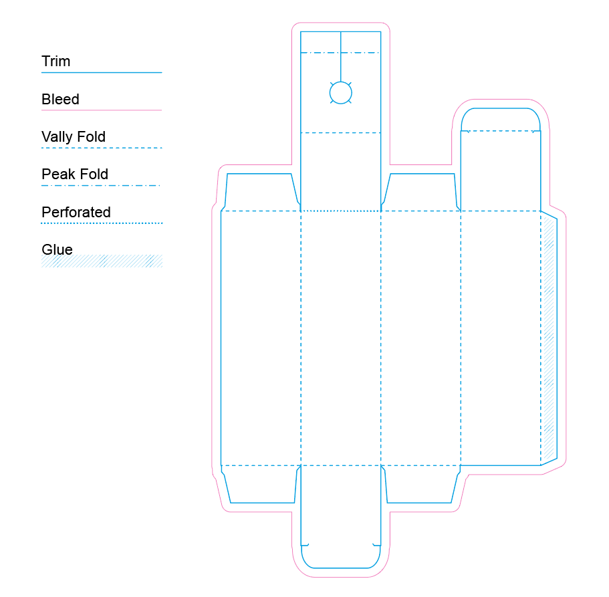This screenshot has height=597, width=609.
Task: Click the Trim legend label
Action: pyautogui.click(x=55, y=62)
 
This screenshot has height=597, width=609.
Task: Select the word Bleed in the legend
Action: pyautogui.click(x=60, y=100)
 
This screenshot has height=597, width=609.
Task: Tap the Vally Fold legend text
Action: pyautogui.click(x=74, y=137)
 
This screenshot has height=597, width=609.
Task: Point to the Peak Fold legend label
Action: pyautogui.click(x=75, y=174)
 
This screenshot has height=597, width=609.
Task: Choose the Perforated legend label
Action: pyautogui.click(x=76, y=213)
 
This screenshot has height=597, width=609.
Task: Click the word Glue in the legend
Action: pyautogui.click(x=57, y=250)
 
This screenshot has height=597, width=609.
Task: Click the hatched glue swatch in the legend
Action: pyautogui.click(x=102, y=261)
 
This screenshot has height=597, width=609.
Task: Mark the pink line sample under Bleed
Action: pyautogui.click(x=102, y=110)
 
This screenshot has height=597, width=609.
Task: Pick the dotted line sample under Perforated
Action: pyautogui.click(x=102, y=223)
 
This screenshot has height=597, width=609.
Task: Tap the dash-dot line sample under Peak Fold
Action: pyautogui.click(x=102, y=185)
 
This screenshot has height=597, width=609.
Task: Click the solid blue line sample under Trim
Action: pyautogui.click(x=102, y=72)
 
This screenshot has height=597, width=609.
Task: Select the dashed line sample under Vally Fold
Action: pyautogui.click(x=102, y=148)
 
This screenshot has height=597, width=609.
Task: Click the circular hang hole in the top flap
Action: pyautogui.click(x=341, y=93)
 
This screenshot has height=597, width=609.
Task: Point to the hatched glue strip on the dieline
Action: pyautogui.click(x=549, y=338)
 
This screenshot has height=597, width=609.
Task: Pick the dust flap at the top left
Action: pyautogui.click(x=261, y=192)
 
